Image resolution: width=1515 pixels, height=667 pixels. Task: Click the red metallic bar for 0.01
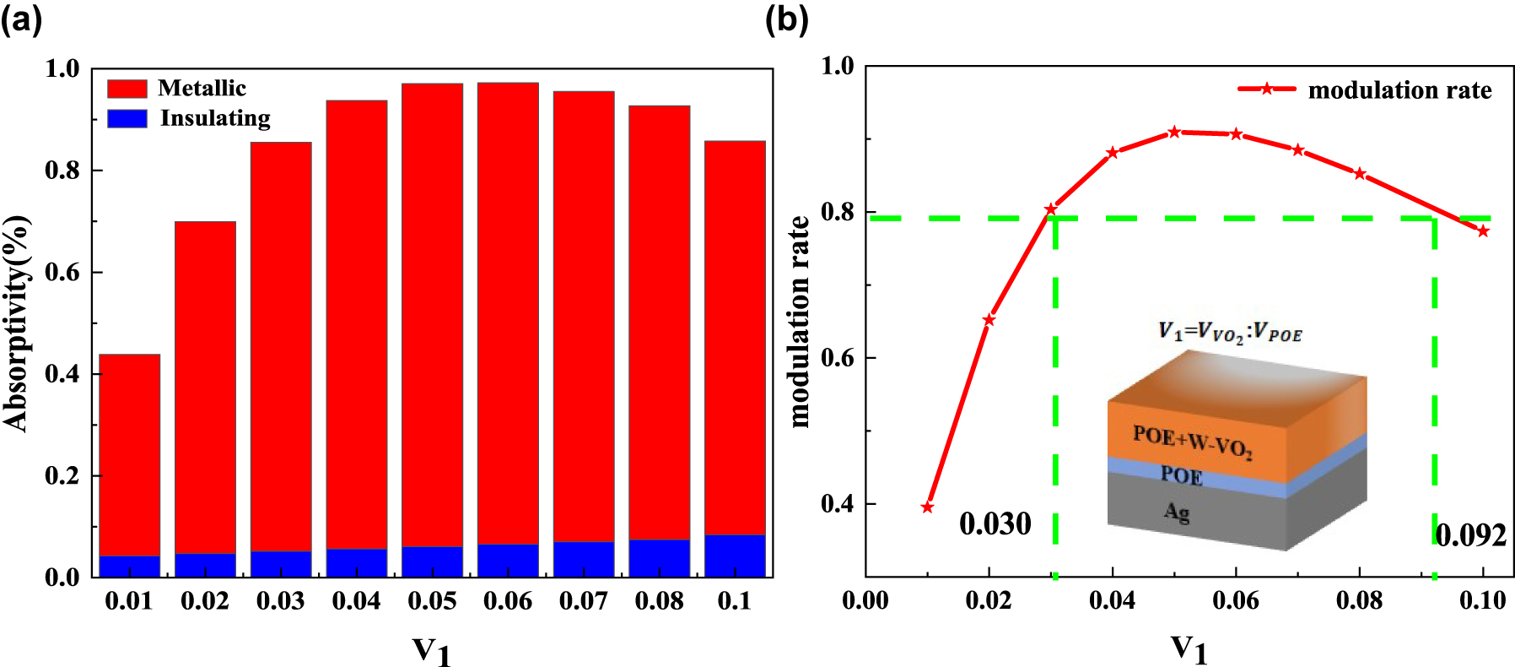pos(129,454)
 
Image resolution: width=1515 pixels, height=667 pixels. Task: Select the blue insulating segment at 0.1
pos(735,556)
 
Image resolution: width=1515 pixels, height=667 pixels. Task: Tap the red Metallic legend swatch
pos(127,89)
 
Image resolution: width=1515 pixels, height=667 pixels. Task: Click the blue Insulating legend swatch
pos(127,118)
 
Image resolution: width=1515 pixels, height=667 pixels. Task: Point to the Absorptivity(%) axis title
pos(17,323)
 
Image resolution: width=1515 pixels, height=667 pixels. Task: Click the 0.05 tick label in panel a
pos(432,601)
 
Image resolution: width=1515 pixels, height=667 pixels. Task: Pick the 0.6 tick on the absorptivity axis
pos(62,272)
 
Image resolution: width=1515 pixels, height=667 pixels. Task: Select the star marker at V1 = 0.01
pos(927,507)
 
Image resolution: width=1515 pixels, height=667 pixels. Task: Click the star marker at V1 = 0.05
pos(1174,133)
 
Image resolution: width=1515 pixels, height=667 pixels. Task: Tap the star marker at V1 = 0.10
pos(1483,231)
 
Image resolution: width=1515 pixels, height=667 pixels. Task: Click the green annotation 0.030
pos(995,524)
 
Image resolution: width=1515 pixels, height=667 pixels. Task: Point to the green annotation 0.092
pos(1470,535)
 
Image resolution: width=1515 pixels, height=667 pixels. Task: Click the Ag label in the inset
pos(1176,511)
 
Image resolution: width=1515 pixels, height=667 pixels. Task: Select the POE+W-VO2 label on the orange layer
pos(1192,441)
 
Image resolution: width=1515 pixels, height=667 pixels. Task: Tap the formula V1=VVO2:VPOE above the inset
pos(1230,332)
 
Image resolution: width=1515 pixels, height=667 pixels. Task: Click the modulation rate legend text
pos(1399,90)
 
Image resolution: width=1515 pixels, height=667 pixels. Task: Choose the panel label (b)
pos(786,19)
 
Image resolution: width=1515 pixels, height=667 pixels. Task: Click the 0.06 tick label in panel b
pos(1236,600)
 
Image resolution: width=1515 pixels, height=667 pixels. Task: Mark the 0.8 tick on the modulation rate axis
pos(837,212)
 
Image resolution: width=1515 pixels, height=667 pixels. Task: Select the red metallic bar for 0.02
pos(205,388)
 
